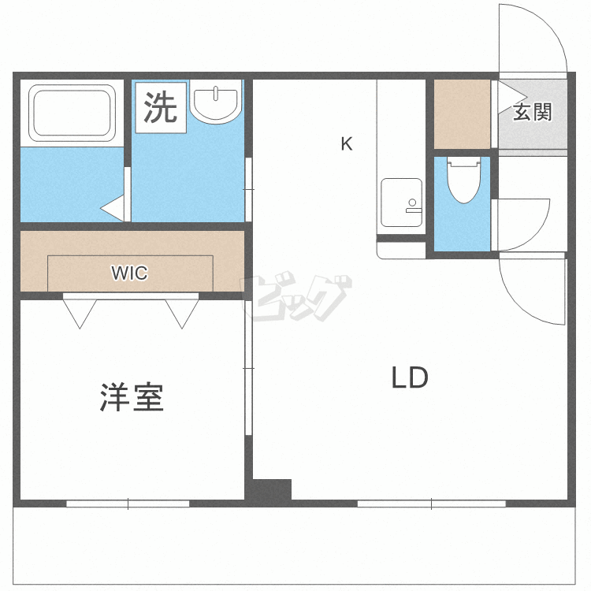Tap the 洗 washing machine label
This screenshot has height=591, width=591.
tap(161, 107)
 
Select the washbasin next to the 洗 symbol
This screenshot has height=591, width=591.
tap(215, 102)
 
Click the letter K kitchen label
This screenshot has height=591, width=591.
tap(346, 144)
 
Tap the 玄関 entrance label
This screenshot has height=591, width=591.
tap(532, 112)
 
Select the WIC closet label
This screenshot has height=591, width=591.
tap(129, 273)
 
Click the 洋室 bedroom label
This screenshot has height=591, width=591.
tap(132, 397)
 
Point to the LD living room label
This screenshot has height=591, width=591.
tap(410, 378)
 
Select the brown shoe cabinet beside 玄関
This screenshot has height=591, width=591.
tap(463, 113)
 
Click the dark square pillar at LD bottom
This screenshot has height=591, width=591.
tap(272, 489)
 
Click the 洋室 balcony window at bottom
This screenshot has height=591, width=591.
tap(128, 503)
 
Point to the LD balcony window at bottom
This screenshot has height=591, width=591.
tap(431, 503)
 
